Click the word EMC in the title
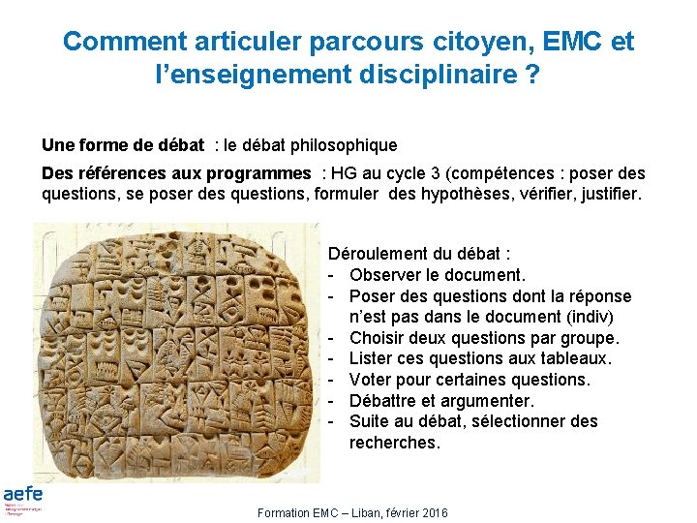point(573,42)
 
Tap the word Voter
point(371,380)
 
